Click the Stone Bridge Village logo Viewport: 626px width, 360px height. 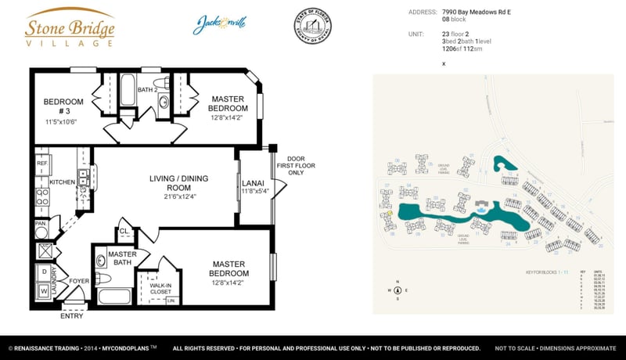70,27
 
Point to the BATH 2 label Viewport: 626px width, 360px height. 148,90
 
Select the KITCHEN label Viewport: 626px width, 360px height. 62,182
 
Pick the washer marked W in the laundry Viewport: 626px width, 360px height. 44,290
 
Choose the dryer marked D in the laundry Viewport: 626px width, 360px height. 44,272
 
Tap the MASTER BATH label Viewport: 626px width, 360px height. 122,258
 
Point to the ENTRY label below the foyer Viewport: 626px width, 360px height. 71,315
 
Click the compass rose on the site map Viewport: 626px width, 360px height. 398,290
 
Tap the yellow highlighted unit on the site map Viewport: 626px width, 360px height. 390,212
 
